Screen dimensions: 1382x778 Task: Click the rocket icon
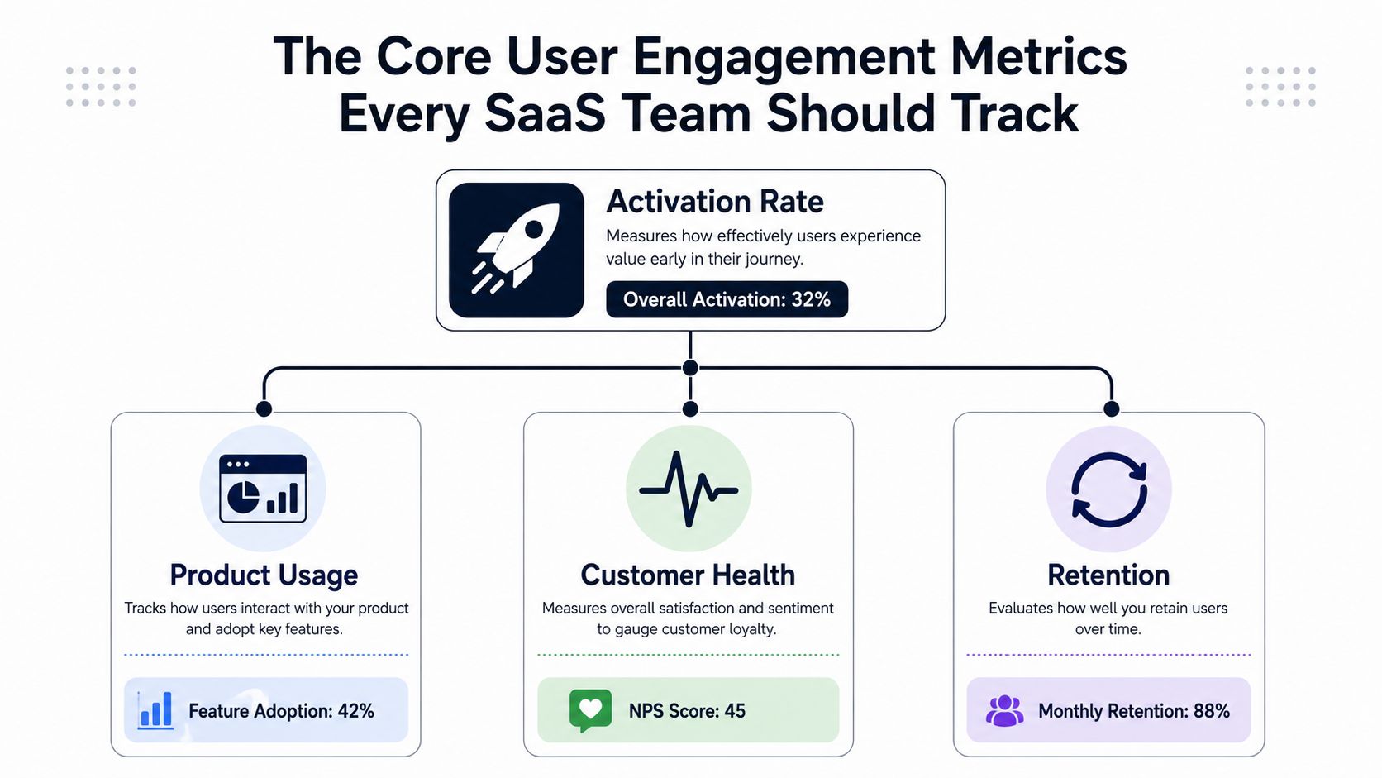click(516, 250)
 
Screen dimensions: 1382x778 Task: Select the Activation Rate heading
click(714, 202)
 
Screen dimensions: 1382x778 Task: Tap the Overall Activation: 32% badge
click(727, 299)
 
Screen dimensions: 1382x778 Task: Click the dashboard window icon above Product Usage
click(263, 489)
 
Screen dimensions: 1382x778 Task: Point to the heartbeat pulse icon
click(689, 489)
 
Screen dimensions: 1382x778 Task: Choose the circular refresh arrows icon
click(1108, 490)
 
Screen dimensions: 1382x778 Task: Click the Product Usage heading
click(264, 575)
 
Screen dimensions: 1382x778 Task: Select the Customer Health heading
click(688, 575)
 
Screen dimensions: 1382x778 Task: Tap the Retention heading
click(1108, 575)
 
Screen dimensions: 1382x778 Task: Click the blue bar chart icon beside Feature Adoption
click(155, 711)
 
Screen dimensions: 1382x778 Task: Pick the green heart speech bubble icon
click(590, 710)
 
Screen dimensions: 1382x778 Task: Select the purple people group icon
click(1004, 711)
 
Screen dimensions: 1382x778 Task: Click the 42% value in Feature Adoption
click(356, 711)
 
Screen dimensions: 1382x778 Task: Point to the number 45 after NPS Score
click(735, 711)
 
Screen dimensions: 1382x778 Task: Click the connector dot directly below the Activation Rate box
click(690, 368)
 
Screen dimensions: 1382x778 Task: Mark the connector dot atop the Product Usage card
click(264, 408)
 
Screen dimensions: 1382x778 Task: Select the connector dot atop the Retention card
click(1111, 408)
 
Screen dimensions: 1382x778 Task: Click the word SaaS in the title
click(545, 113)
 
